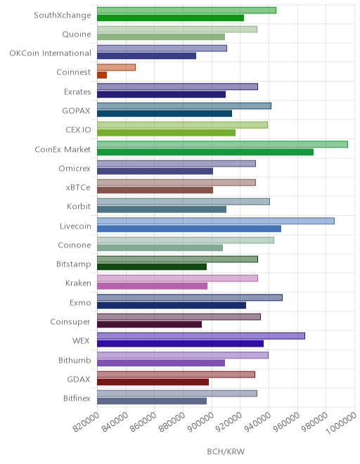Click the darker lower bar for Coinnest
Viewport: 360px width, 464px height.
pos(102,75)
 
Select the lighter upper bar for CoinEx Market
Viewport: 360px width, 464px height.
pos(222,144)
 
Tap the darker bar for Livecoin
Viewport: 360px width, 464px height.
pos(189,228)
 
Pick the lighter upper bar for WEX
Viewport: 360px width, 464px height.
pos(201,336)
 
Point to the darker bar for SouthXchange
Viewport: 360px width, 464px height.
pos(171,18)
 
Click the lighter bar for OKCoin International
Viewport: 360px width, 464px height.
pos(162,49)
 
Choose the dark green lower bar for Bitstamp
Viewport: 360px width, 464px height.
pos(152,267)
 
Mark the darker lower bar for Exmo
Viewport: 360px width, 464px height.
pos(172,305)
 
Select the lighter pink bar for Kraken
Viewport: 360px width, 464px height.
pos(177,278)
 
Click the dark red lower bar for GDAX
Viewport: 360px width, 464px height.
pos(153,382)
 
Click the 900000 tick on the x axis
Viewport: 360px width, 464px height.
pos(201,423)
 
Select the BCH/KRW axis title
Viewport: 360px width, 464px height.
pos(226,451)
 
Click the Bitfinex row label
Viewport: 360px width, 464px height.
pos(77,398)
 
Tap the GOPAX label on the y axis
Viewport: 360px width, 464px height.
pos(76,110)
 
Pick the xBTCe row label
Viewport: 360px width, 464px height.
pos(78,187)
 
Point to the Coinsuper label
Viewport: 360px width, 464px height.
pos(70,322)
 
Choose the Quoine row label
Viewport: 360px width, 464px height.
pos(77,34)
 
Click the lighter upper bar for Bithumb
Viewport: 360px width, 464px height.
pos(183,355)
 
